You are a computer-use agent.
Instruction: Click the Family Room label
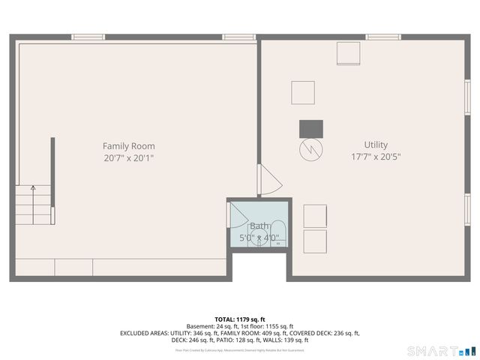click(129, 145)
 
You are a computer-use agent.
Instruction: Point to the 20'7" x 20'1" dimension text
click(129, 158)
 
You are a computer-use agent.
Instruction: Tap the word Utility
click(376, 145)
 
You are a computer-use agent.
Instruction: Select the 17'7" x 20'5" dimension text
click(376, 157)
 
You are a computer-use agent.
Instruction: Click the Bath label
click(259, 226)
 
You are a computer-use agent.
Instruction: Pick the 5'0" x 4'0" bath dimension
click(259, 238)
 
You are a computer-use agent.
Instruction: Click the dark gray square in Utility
click(310, 128)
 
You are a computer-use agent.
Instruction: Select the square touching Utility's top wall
click(349, 53)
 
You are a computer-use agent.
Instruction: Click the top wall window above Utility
click(383, 37)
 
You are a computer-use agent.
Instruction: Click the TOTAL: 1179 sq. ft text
click(241, 319)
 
